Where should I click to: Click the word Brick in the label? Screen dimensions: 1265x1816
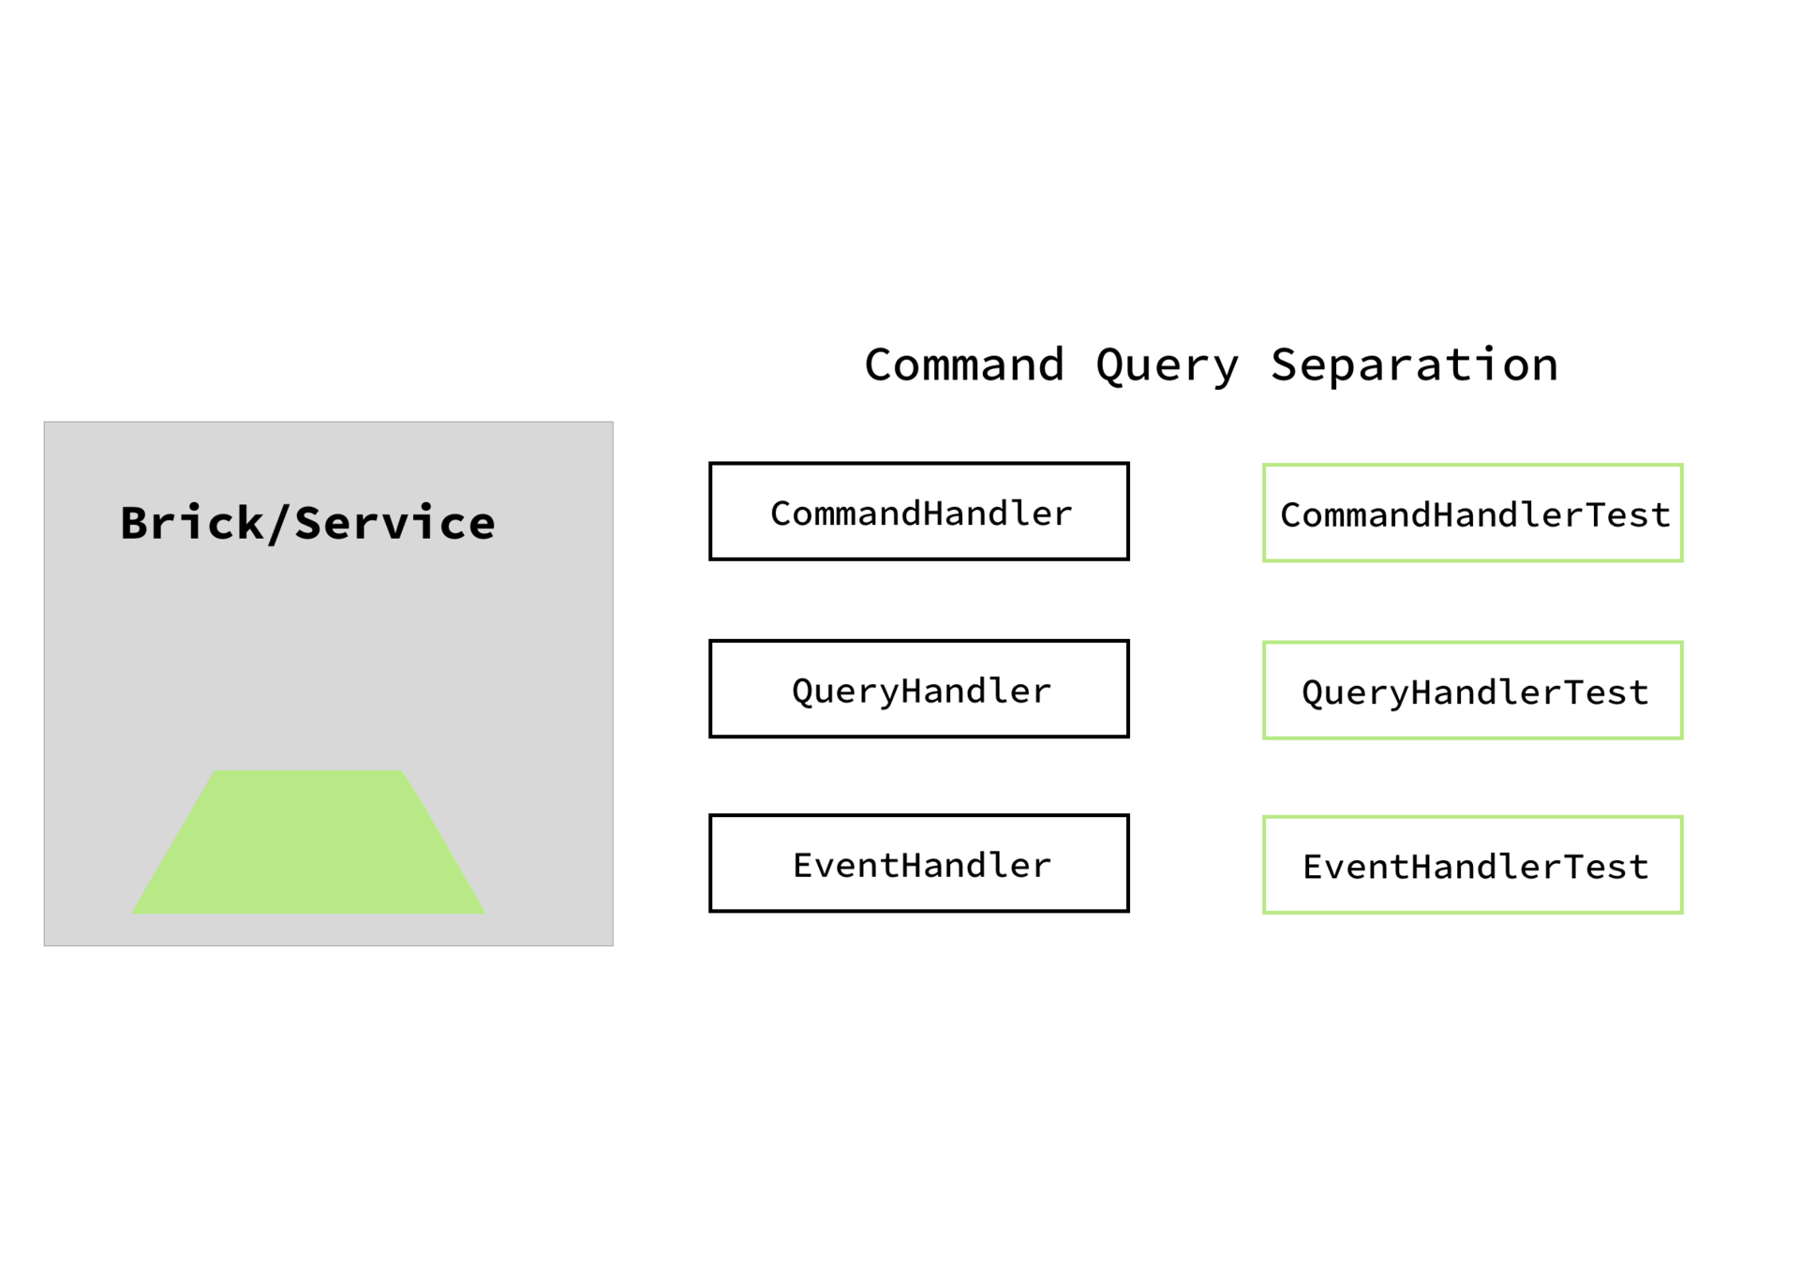191,523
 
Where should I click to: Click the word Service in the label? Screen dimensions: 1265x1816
394,523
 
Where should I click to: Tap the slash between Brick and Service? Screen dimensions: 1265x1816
276,524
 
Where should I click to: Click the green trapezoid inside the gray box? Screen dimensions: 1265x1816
308,843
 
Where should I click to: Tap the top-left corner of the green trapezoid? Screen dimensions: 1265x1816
216,771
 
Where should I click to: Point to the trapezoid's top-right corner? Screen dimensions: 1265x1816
402,771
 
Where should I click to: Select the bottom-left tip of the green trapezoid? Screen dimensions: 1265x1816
132,913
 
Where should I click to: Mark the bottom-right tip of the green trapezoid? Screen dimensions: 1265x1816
484,913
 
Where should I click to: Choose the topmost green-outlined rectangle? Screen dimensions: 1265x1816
1472,513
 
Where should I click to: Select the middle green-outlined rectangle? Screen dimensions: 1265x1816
1472,690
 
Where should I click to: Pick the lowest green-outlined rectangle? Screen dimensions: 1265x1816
1472,864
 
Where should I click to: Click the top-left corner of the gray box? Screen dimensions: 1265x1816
45,423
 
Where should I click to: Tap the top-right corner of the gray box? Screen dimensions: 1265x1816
613,423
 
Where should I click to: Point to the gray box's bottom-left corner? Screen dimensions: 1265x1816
45,945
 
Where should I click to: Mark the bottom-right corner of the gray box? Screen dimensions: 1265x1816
613,945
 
